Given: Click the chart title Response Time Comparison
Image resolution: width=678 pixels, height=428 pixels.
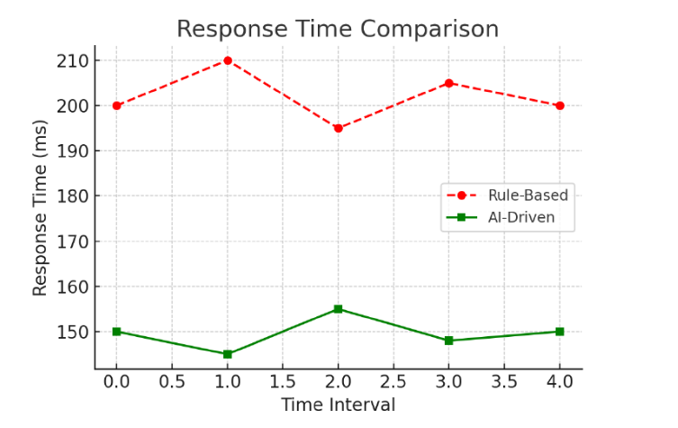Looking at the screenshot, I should (338, 29).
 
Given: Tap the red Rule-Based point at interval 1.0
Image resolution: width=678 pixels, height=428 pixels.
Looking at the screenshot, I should (228, 60).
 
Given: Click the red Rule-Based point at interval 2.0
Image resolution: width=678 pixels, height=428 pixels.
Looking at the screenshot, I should (338, 128).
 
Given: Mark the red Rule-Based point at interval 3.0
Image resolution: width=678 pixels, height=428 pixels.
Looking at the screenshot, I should (448, 83).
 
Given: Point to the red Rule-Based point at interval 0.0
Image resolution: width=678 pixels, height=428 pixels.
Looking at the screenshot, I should (117, 105).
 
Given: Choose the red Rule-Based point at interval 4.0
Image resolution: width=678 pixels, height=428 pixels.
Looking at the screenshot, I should (559, 105).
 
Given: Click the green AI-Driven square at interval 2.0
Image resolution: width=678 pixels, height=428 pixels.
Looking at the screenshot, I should (338, 309).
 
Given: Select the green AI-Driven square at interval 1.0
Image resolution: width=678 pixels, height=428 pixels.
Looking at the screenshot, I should (228, 354).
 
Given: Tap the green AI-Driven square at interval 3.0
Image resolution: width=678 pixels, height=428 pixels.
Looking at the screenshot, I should (448, 341).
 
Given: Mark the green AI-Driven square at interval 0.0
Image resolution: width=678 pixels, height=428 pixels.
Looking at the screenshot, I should (117, 332).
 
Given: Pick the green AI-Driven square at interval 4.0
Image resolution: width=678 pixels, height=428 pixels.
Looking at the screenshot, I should (559, 332).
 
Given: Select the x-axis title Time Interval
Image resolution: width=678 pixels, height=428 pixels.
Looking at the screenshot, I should (338, 405).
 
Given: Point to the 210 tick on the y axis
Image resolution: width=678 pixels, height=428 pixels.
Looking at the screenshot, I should (75, 60).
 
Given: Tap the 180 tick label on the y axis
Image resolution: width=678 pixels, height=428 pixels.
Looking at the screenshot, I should (75, 196).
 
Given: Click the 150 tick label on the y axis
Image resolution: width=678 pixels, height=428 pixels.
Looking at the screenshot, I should (75, 332).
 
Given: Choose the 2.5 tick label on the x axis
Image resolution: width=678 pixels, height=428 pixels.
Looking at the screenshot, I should (393, 381).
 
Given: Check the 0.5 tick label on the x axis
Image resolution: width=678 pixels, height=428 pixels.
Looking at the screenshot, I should (172, 381).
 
